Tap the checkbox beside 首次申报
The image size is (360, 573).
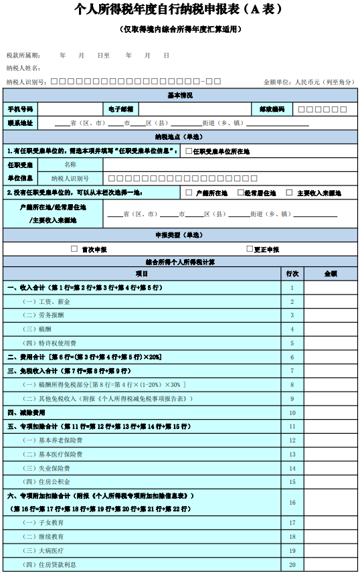point(74,248)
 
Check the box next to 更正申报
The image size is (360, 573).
point(250,248)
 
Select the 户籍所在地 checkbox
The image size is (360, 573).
point(189,192)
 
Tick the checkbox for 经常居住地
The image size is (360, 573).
point(239,192)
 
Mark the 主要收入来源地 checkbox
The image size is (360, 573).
point(289,192)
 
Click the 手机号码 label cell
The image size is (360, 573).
point(20,108)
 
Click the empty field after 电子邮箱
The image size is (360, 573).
point(194,108)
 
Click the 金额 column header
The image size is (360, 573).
point(331,274)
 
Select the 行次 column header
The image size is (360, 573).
point(292,274)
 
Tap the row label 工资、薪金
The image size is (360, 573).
point(55,301)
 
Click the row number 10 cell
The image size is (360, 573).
point(292,412)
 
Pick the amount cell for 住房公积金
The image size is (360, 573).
point(331,481)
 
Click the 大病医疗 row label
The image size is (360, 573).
point(54,550)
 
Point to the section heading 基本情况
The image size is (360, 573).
point(179,95)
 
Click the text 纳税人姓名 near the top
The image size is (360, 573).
point(23,68)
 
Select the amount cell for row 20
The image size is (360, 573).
point(331,565)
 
